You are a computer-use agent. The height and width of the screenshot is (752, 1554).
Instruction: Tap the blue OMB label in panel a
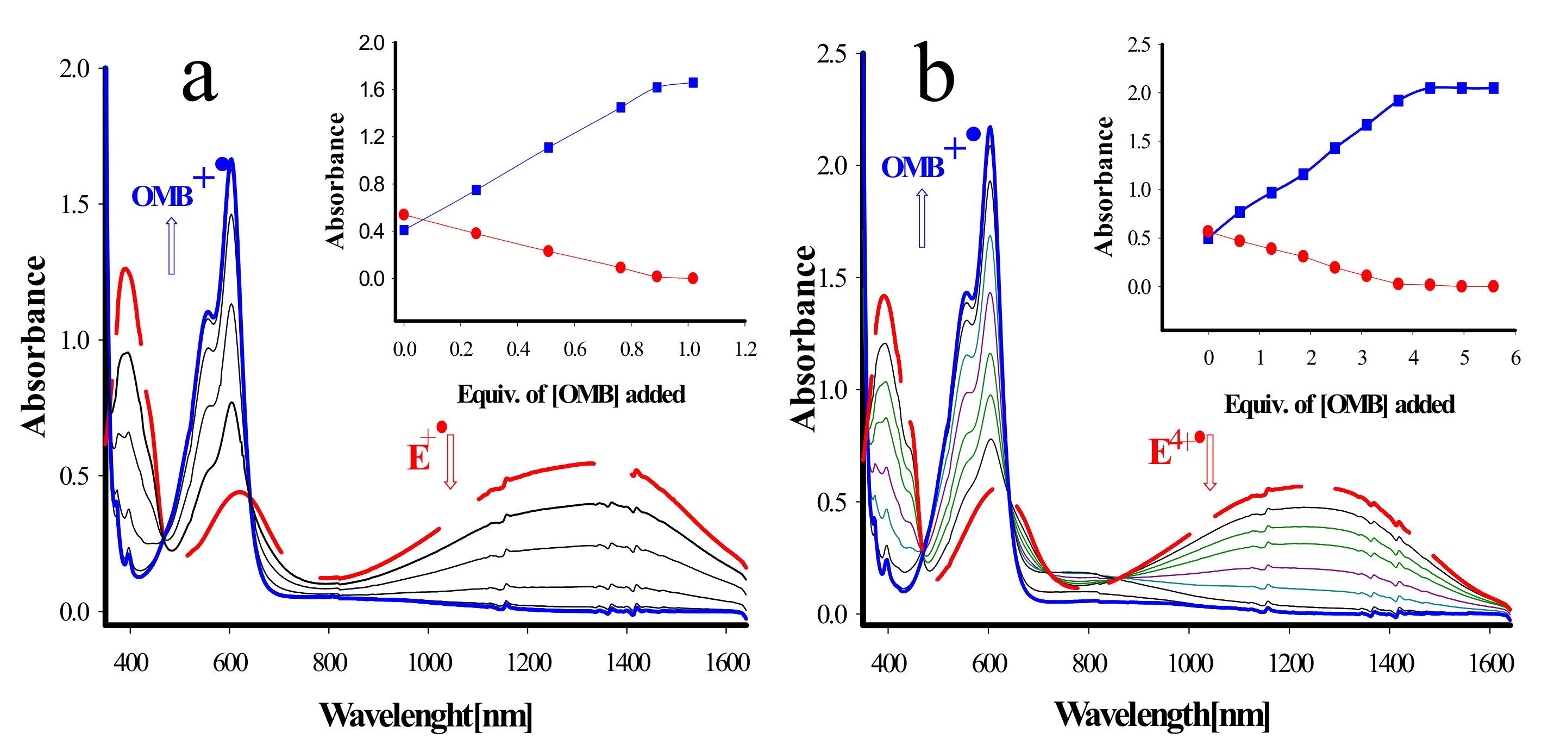pyautogui.click(x=162, y=196)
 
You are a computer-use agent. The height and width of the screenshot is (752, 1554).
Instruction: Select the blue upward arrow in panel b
pyautogui.click(x=922, y=218)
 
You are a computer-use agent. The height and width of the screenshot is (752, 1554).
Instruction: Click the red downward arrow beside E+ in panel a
pyautogui.click(x=450, y=461)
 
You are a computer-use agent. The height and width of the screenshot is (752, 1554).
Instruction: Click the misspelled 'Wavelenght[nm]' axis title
pyautogui.click(x=425, y=716)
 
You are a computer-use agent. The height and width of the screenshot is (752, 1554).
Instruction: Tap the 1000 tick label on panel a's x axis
pyautogui.click(x=429, y=663)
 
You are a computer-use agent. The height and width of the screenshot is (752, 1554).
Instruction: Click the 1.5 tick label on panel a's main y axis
pyautogui.click(x=74, y=205)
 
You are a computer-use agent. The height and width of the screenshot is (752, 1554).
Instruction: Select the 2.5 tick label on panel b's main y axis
pyautogui.click(x=831, y=54)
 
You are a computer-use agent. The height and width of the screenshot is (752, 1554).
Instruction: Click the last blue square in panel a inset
pyautogui.click(x=693, y=83)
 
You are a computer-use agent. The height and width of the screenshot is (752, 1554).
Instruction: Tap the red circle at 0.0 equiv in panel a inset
pyautogui.click(x=404, y=215)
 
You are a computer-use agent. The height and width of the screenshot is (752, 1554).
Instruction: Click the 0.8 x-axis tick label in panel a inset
pyautogui.click(x=631, y=350)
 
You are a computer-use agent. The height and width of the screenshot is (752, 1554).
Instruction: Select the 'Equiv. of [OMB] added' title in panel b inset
pyautogui.click(x=1339, y=405)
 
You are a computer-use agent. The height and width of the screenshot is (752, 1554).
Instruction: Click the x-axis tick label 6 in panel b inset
pyautogui.click(x=1515, y=358)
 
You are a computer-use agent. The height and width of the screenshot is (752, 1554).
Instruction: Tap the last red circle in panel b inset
pyautogui.click(x=1493, y=286)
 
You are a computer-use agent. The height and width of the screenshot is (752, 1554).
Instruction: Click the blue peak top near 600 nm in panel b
pyautogui.click(x=990, y=128)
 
